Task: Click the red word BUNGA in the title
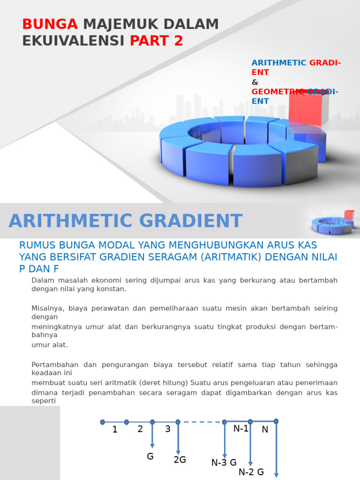(50, 24)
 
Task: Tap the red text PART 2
(157, 41)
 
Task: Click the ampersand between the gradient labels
(255, 82)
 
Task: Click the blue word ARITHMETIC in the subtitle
(279, 63)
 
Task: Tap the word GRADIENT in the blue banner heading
(191, 221)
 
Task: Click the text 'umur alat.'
(50, 345)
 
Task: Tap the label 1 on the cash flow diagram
(115, 429)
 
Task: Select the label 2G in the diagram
(180, 459)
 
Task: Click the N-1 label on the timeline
(241, 428)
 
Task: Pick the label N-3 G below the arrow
(224, 462)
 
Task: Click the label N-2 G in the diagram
(251, 472)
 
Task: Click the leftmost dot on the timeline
(103, 422)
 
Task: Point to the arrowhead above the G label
(152, 446)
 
